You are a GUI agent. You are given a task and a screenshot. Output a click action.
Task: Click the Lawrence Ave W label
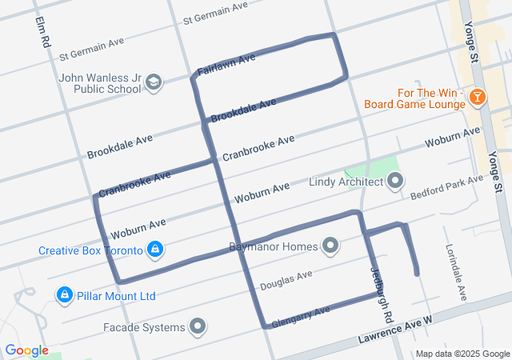[x=397, y=330]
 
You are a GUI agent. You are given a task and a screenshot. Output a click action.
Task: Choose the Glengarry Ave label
[x=301, y=316]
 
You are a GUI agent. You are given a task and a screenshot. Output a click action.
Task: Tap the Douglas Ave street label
[x=286, y=280]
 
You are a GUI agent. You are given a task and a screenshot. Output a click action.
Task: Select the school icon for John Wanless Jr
[x=154, y=82]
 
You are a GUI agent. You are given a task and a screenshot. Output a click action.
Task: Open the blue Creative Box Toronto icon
[x=157, y=250]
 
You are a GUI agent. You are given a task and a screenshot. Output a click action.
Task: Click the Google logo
[x=26, y=350]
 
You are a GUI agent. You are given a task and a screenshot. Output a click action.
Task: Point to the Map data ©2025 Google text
[x=462, y=354]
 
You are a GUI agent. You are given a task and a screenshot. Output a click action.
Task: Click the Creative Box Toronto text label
[x=90, y=250]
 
